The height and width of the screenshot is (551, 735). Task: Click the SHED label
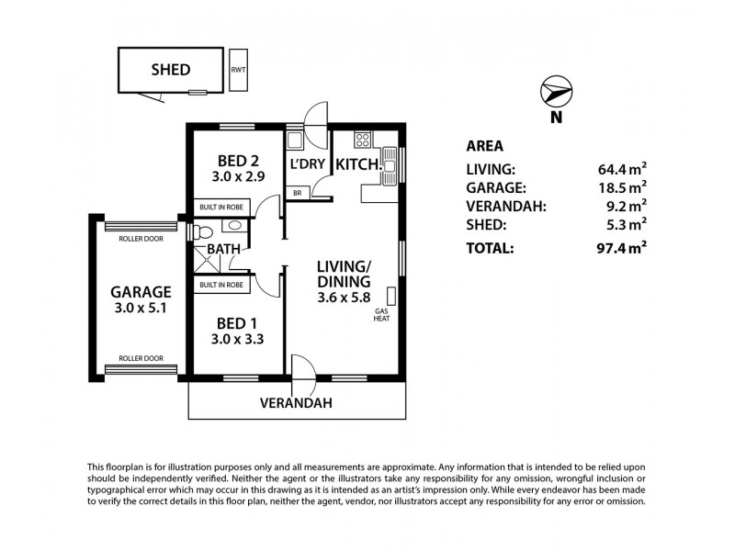point(170,69)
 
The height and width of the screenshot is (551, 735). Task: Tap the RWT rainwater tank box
point(238,69)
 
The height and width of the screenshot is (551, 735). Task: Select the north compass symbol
point(555,92)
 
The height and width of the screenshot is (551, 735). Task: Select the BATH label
point(223,249)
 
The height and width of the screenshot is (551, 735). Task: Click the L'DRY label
point(306,165)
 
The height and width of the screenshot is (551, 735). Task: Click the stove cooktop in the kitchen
point(361,141)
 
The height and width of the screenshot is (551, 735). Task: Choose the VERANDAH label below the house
point(295,403)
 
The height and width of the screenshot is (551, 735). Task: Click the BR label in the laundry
point(297,194)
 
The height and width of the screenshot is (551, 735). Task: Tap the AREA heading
point(484,145)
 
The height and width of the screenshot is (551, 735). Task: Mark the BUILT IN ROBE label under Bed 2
point(221,208)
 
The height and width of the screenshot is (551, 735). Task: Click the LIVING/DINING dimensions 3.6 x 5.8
point(344,298)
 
